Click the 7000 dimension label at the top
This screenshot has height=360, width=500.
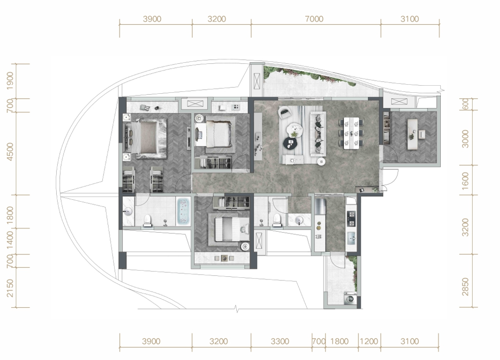coord(314,19)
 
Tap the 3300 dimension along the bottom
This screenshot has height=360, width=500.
coord(280,342)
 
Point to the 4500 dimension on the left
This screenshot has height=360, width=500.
coord(11,152)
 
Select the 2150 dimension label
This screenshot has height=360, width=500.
coord(11,288)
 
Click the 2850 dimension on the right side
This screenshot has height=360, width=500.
coord(466,286)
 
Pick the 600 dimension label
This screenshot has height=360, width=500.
coord(465,103)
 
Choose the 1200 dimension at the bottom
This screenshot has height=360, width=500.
coord(369,342)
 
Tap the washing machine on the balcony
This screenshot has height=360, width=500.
coord(350,299)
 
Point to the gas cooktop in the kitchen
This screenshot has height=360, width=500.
coord(351,219)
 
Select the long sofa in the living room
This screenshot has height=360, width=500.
coord(317,133)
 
